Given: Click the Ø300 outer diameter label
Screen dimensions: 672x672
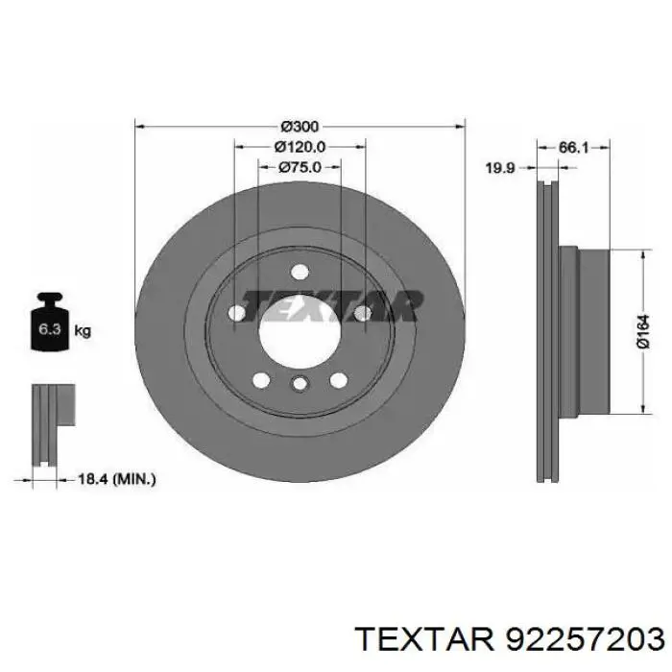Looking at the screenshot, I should (x=300, y=126).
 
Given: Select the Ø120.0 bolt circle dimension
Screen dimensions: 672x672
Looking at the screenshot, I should (x=300, y=146).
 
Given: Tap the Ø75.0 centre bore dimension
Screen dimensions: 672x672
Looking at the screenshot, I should (x=300, y=166).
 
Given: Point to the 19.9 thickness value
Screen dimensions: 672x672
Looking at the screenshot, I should (x=500, y=167).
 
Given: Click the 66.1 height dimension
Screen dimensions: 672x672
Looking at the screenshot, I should (x=573, y=147).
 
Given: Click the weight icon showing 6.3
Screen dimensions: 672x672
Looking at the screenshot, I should (x=47, y=326).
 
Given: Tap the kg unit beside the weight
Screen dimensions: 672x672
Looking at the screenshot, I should (x=83, y=331).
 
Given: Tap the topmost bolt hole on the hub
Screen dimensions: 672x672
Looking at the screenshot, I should (x=299, y=270).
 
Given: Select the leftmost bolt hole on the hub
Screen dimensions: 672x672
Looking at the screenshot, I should (x=235, y=313).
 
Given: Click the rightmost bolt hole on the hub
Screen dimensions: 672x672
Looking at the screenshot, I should (x=362, y=313).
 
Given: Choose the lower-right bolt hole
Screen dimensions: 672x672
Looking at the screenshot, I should (x=338, y=380).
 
